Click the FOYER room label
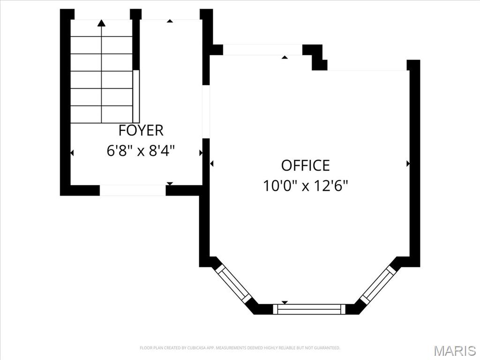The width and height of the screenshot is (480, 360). point(141,130)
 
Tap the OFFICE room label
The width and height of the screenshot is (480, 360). point(306,165)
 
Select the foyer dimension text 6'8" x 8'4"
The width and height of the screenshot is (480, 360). point(141,150)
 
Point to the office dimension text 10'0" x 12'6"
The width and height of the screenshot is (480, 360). point(306,186)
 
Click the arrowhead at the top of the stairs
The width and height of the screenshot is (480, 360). point(102,22)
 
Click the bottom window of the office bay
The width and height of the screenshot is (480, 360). point(309,309)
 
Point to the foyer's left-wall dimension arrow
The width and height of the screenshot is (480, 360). point(72,153)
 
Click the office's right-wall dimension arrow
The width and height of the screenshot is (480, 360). point(408,164)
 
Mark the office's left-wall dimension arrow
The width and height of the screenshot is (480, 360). point(211,164)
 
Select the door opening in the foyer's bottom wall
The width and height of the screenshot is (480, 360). point(133,190)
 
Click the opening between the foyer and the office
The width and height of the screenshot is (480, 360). point(206,112)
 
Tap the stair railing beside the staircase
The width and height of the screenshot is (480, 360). point(136,97)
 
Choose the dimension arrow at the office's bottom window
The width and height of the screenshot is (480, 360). point(285,302)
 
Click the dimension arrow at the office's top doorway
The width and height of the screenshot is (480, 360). point(285,57)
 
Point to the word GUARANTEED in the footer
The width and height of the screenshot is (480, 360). point(329,348)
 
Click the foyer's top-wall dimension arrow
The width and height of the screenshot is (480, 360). point(170,21)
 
